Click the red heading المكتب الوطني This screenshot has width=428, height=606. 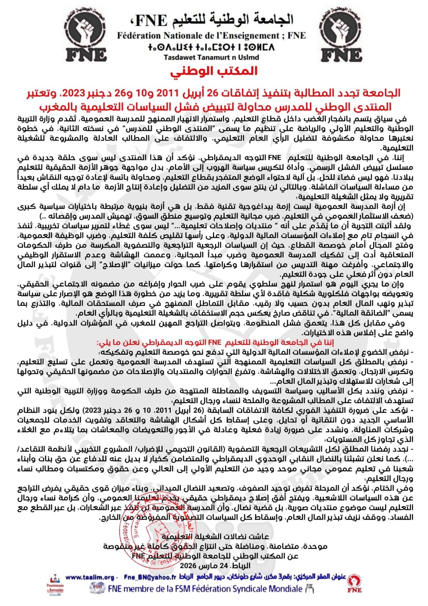pos(214,71)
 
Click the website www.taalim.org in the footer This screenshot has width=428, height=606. pos(90,578)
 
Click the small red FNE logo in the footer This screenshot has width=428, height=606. pos(355,584)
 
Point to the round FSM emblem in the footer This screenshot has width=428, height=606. pos(97,588)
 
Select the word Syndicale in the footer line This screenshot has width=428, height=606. pos(247,589)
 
